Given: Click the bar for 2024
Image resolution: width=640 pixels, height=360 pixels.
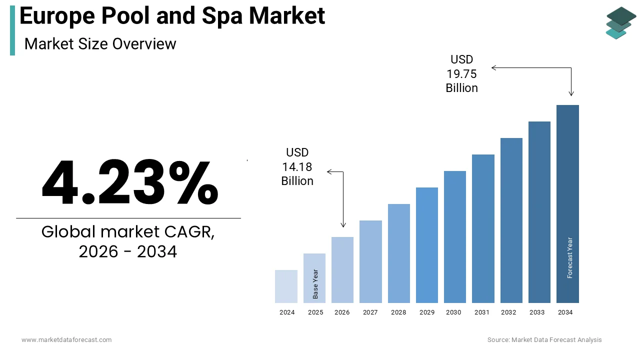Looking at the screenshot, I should [x=286, y=286].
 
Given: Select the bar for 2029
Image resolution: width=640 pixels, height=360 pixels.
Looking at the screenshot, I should [x=426, y=245].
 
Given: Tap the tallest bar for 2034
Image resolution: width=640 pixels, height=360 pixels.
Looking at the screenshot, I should [x=567, y=204].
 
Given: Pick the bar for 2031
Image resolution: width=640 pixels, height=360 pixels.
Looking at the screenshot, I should [x=483, y=228].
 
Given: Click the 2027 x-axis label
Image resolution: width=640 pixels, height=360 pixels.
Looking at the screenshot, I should [x=370, y=312].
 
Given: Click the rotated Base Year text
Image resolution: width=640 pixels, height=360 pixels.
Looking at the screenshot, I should [x=315, y=284].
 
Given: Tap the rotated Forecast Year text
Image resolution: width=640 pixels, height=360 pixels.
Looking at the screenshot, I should [x=570, y=257].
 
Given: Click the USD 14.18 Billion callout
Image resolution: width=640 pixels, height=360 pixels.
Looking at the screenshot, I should [x=297, y=166].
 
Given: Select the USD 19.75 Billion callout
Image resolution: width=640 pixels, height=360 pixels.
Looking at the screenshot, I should [x=461, y=74].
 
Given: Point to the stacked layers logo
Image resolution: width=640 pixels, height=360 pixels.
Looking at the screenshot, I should [x=620, y=22].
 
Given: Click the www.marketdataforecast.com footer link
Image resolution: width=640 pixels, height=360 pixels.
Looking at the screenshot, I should [x=66, y=340].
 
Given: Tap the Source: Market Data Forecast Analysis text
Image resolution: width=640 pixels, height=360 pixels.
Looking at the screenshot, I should [x=544, y=340].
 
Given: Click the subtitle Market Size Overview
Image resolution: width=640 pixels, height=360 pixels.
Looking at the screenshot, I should [x=100, y=44].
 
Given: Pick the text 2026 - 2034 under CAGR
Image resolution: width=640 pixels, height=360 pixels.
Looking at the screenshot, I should [x=128, y=251].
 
